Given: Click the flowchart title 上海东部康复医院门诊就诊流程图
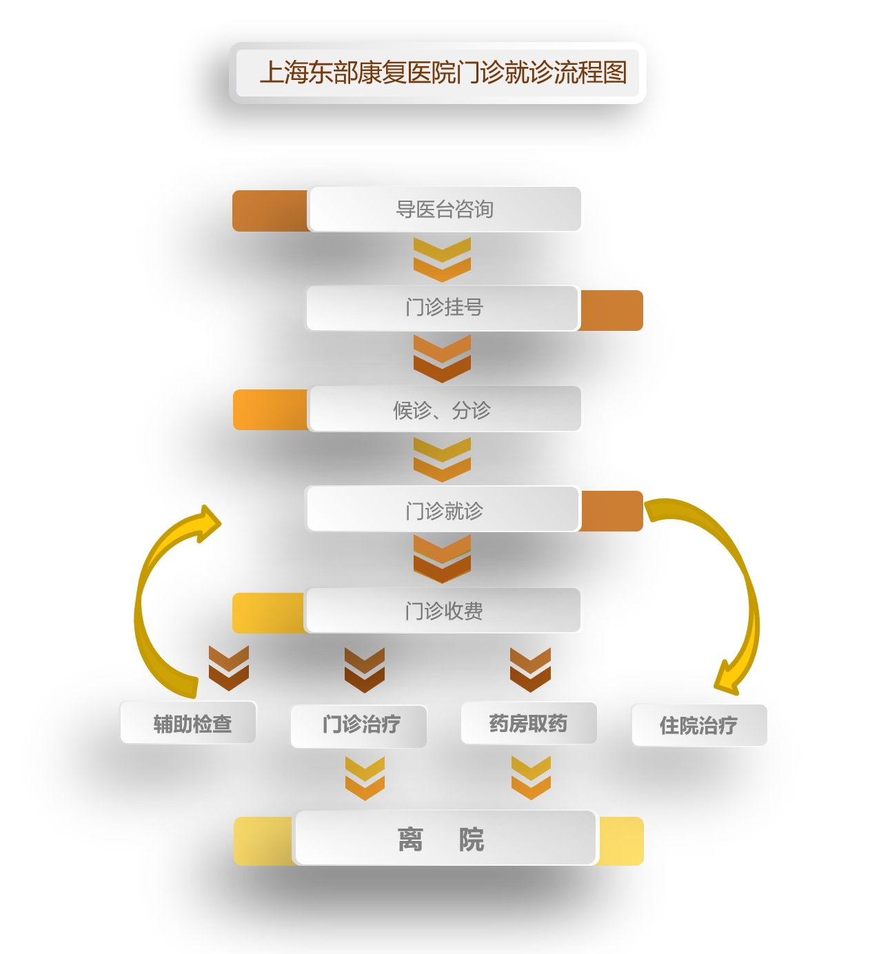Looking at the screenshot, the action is pos(443,72).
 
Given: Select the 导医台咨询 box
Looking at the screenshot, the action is pos(444,210).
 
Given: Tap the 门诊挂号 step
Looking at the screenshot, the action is pos(442,307).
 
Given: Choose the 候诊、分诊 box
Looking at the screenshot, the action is pos(444,409).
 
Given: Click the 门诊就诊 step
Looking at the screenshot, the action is pos(443,509).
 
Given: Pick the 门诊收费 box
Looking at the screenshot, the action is pos(443,611).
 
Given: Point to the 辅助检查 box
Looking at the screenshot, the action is pos(188,722).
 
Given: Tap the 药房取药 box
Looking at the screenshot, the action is pos(529,723).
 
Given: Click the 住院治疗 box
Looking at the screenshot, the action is pos(699,725).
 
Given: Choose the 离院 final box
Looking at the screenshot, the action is pos(445,838).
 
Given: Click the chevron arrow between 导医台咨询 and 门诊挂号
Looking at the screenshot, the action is pos(442,260).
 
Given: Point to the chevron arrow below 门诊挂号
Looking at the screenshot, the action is pos(442,359).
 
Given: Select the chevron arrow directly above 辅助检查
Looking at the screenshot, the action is pos(229,668).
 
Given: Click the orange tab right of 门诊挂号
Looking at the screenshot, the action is pos(611,311).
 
